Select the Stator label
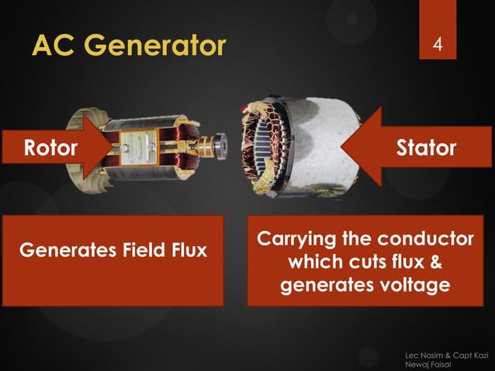(x=426, y=147)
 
